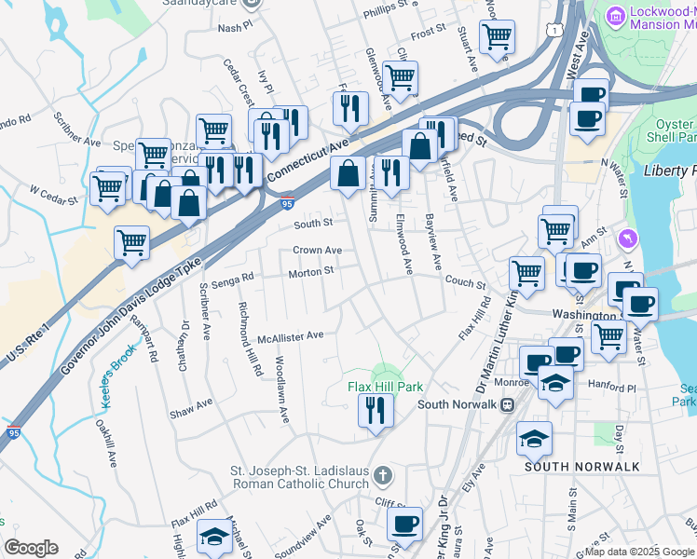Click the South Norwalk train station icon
pyautogui.click(x=508, y=404)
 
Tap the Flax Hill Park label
pyautogui.click(x=386, y=386)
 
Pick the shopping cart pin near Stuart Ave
pyautogui.click(x=497, y=38)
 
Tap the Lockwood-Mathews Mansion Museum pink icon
pyautogui.click(x=614, y=16)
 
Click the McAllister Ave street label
pyautogui.click(x=290, y=335)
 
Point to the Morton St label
pyautogui.click(x=311, y=271)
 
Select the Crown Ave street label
pyautogui.click(x=317, y=250)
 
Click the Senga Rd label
pyautogui.click(x=233, y=278)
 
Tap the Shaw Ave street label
pyautogui.click(x=191, y=402)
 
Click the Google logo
pyautogui.click(x=31, y=547)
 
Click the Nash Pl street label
pyautogui.click(x=229, y=28)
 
